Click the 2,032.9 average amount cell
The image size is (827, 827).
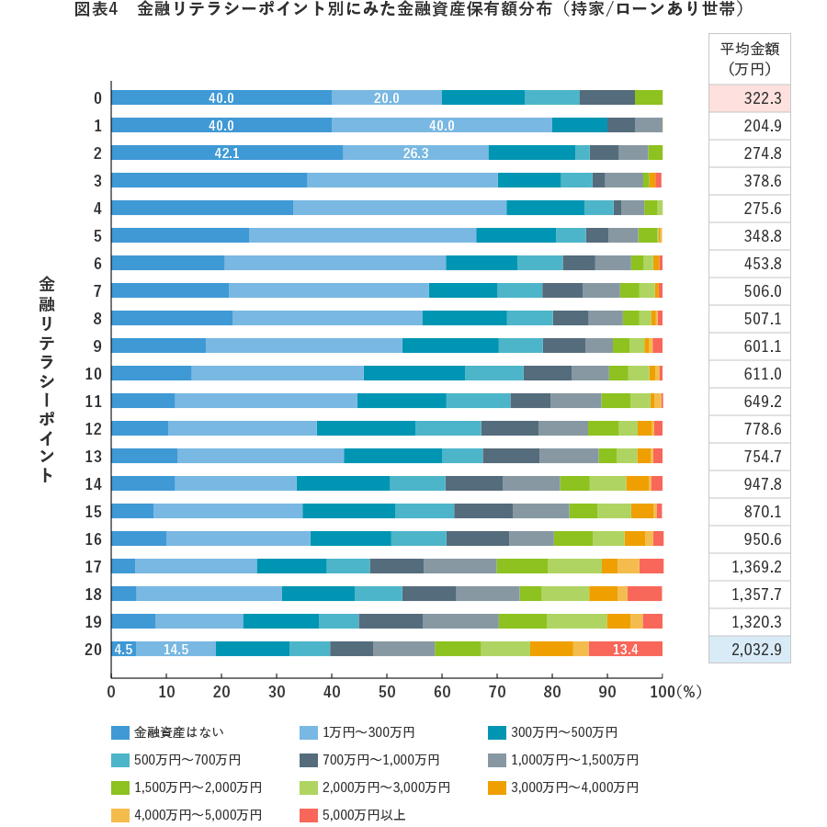tap(750, 649)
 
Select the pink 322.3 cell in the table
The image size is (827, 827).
tap(750, 98)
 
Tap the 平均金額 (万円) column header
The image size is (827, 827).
tap(749, 59)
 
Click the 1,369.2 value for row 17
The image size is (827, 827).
tap(750, 566)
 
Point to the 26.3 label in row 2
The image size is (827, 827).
tap(415, 153)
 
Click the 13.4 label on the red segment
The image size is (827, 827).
tap(625, 649)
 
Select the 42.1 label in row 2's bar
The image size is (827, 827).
tap(227, 153)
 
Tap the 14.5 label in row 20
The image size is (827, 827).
tap(176, 649)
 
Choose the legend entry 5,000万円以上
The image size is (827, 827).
tap(363, 815)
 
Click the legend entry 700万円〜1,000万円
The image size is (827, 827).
tap(380, 760)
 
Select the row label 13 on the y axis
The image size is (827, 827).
tap(93, 457)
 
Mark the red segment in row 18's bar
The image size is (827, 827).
tap(644, 594)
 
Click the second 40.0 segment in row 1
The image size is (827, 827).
tap(441, 126)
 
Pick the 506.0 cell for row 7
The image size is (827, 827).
tap(750, 291)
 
